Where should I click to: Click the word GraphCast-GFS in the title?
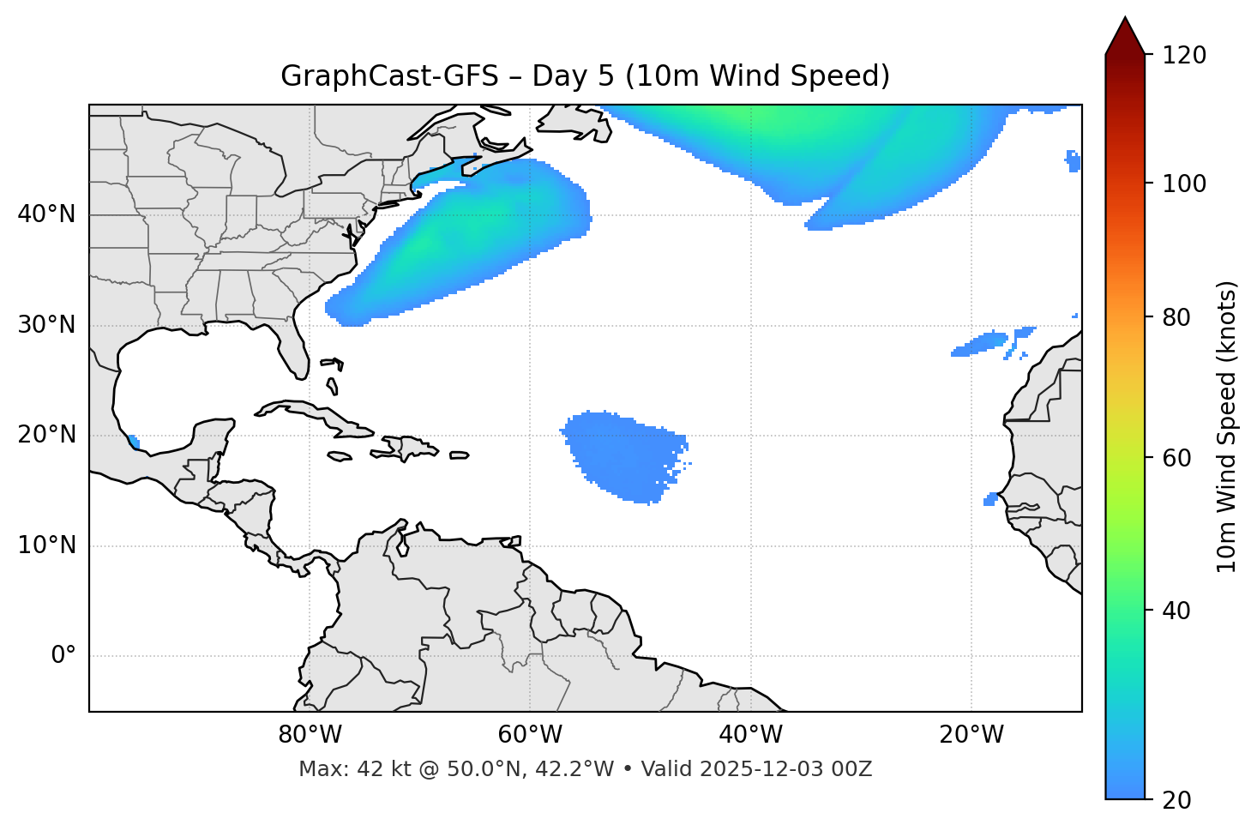[x=389, y=76]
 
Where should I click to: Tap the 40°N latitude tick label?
[x=46, y=214]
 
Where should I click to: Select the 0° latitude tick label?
[x=63, y=656]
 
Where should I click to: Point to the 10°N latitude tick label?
[x=46, y=545]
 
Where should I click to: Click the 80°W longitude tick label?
[x=310, y=735]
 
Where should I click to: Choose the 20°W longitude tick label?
[x=971, y=735]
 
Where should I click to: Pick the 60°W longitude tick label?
[x=530, y=735]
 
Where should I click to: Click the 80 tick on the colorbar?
[x=1178, y=317]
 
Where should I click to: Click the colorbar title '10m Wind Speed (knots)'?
[x=1227, y=426]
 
